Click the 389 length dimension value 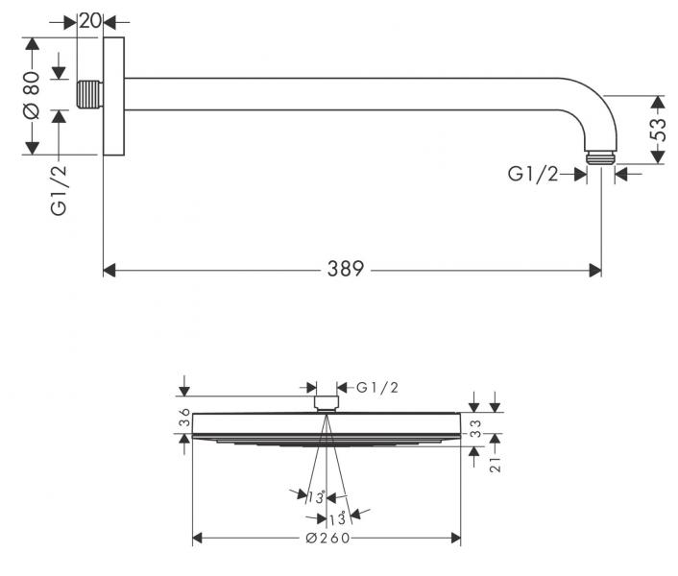(346, 269)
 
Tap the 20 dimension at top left (90, 20)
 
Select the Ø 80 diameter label (31, 95)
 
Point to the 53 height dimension (657, 130)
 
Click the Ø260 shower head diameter (327, 538)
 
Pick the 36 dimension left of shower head (184, 417)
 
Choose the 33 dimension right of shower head (475, 428)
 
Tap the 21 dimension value (496, 465)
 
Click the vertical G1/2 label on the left (60, 189)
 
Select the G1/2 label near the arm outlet (533, 174)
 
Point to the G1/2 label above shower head (377, 388)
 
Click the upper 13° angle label (316, 497)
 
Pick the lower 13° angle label (337, 518)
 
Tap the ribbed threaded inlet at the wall (90, 94)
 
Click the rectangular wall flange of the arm (114, 96)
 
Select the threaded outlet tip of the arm (600, 157)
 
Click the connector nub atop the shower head (327, 403)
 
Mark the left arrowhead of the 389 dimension (109, 271)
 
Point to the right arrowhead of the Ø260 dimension (456, 538)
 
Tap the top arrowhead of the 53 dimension (658, 102)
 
